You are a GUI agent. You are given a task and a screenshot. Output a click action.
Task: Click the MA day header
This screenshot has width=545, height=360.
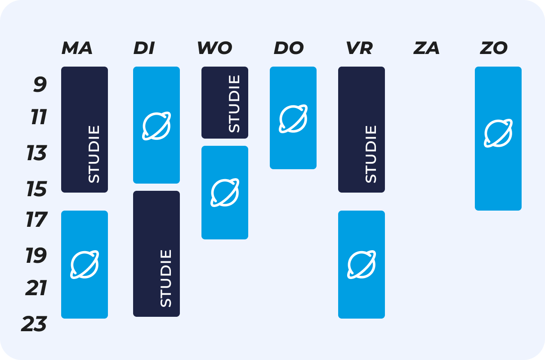point(77,48)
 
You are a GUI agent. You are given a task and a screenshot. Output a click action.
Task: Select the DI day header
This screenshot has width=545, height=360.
point(144,48)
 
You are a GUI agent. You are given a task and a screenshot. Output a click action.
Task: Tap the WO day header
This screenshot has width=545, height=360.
point(214,48)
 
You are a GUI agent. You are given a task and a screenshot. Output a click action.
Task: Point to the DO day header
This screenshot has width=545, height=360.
point(289,48)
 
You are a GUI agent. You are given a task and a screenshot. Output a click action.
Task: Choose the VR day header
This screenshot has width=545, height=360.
point(359,48)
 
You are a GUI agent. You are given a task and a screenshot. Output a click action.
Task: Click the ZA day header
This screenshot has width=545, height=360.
point(426,48)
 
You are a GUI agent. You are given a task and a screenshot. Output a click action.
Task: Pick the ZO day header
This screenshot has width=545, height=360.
point(494,48)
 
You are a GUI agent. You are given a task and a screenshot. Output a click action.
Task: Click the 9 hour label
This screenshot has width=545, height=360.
point(40,85)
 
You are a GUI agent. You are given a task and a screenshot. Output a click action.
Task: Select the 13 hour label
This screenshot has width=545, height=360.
point(36,154)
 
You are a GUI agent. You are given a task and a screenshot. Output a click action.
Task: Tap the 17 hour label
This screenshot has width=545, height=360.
point(36,220)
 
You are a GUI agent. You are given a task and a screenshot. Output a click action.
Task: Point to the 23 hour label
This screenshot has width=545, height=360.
point(34,324)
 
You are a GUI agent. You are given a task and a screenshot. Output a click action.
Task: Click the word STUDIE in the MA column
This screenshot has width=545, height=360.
point(94,154)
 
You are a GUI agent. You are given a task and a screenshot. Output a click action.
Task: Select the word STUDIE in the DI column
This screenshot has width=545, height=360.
point(166,278)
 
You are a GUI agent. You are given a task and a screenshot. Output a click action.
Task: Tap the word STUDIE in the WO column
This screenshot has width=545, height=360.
point(234,104)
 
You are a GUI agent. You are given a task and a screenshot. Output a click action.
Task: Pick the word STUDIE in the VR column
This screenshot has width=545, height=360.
point(371,154)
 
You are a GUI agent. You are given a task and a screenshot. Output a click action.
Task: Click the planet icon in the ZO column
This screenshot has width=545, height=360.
point(498,133)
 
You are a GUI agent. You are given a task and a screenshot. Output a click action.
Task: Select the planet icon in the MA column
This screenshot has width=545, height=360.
point(85,264)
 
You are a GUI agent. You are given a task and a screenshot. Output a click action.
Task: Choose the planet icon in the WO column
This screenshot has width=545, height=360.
point(225,192)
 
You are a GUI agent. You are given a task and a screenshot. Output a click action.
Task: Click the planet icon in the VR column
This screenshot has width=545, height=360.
point(362,264)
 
